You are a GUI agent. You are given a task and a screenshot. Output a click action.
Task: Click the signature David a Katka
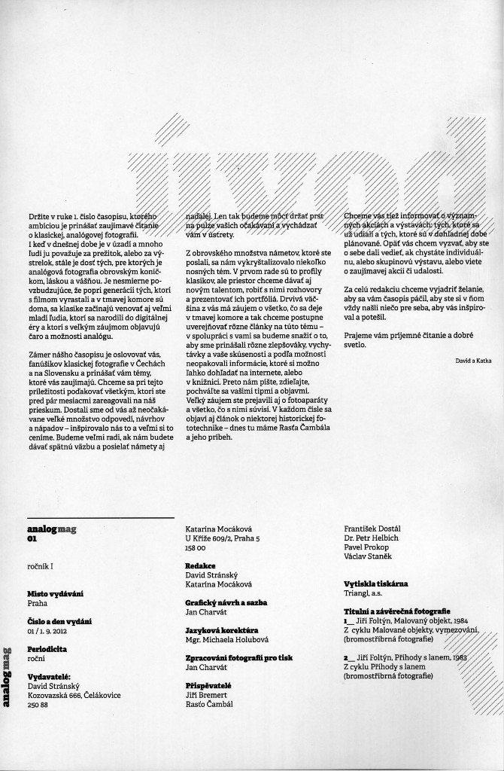[474, 361]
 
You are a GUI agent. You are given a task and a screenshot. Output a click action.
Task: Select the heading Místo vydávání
[51, 594]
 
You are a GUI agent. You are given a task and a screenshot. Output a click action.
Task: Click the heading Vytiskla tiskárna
[375, 584]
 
